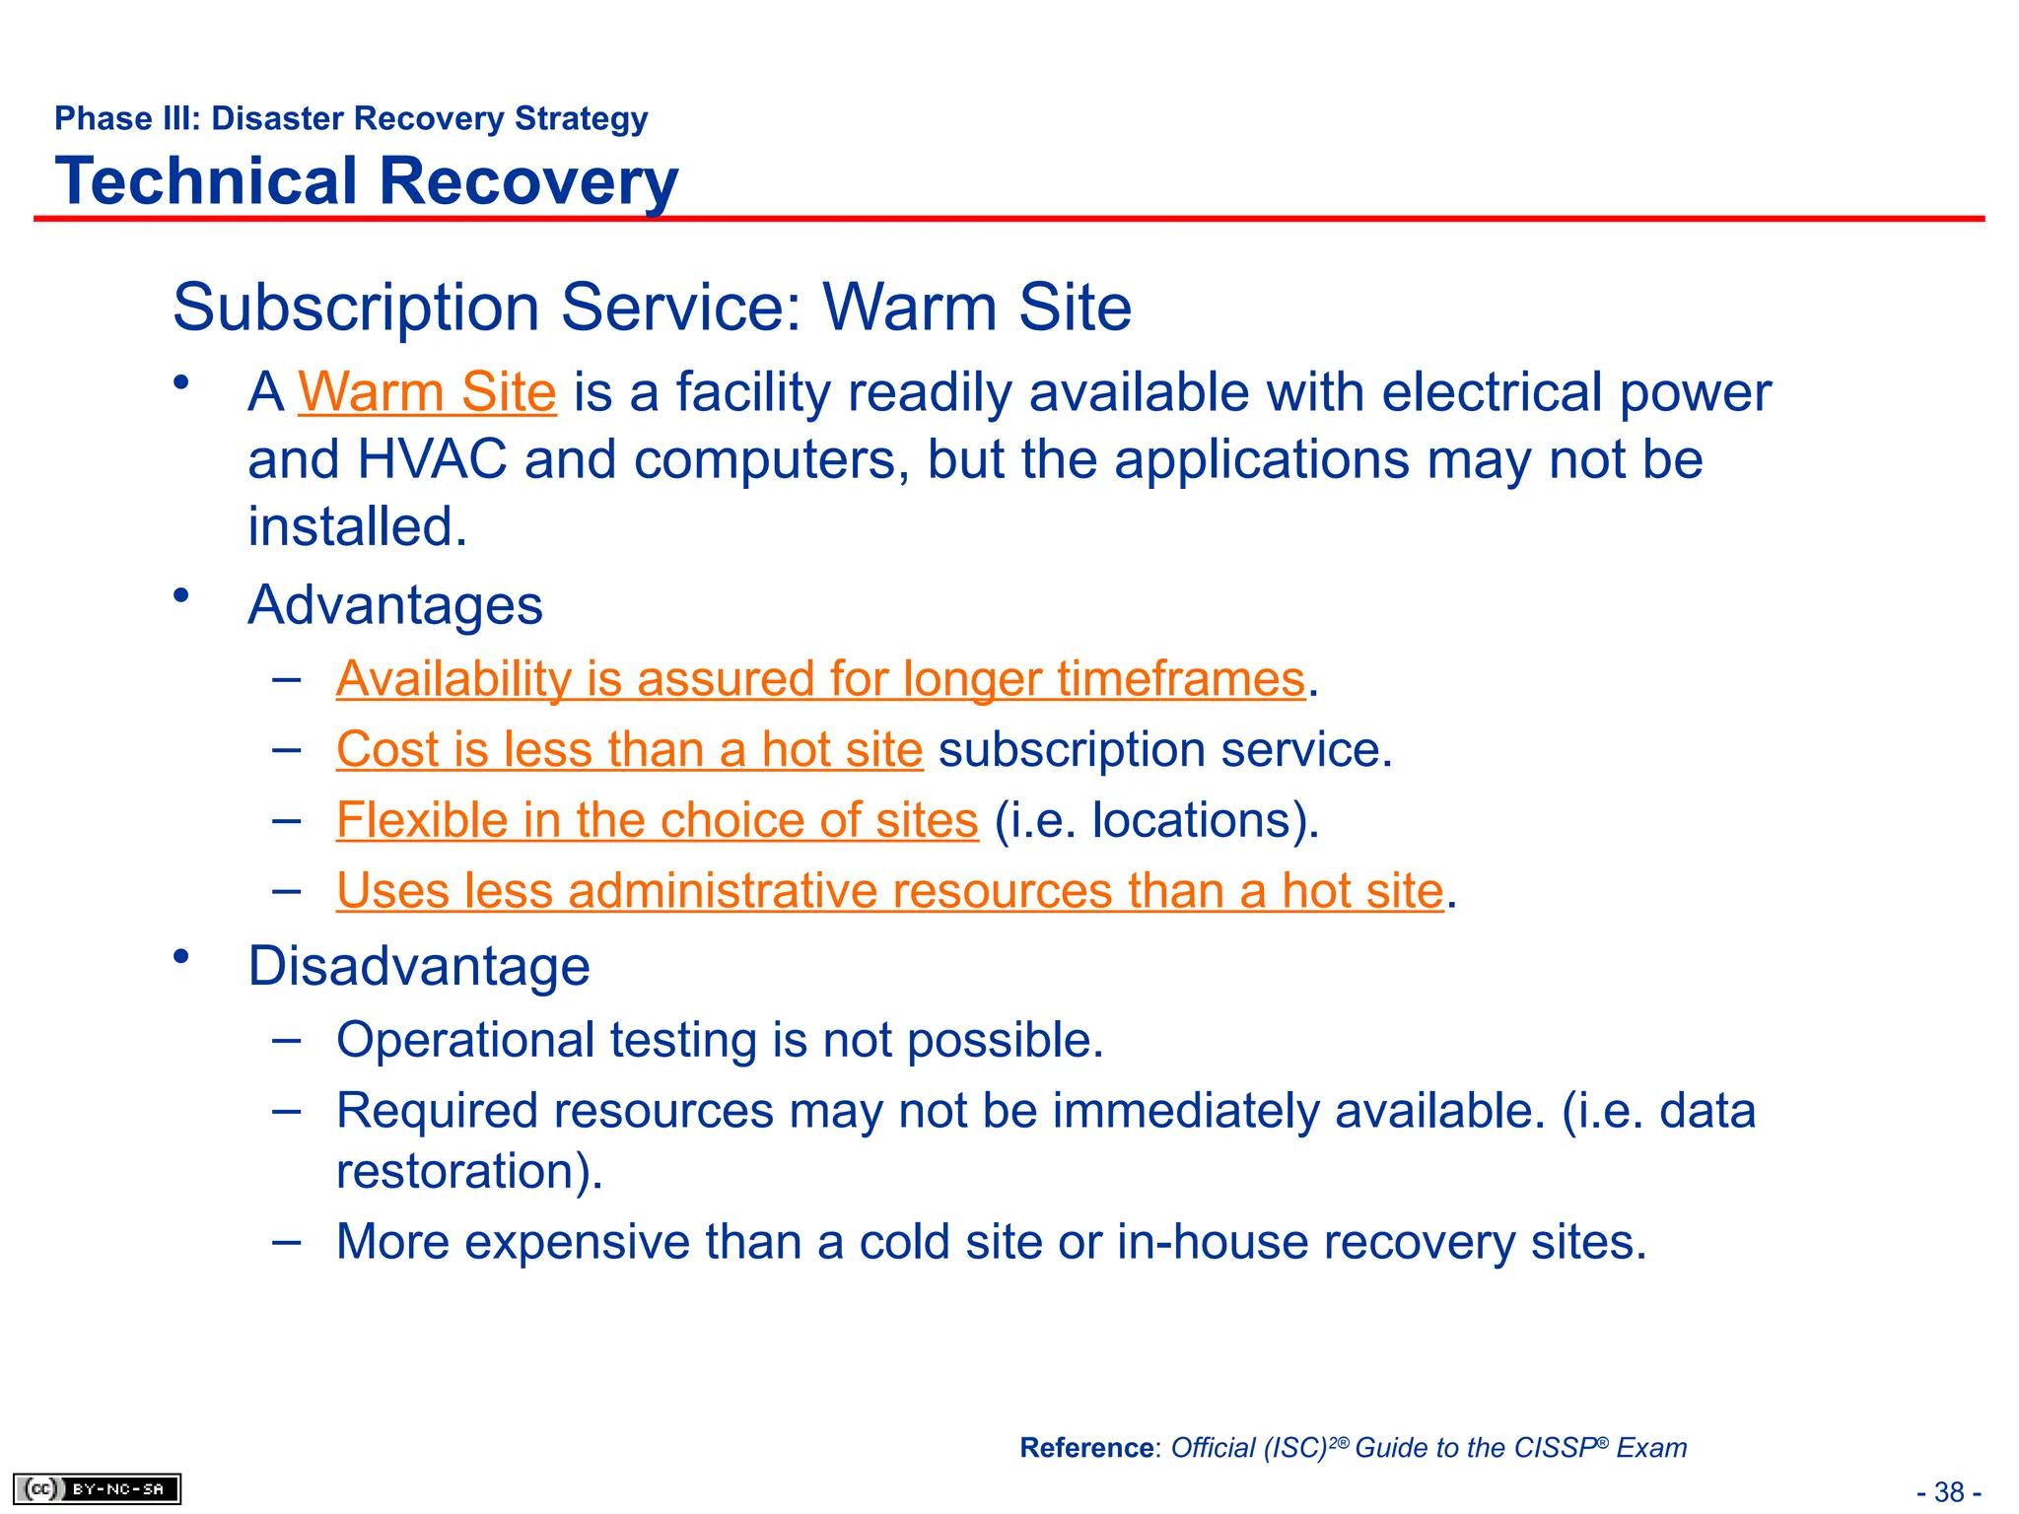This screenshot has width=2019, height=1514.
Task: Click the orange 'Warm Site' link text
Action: click(427, 392)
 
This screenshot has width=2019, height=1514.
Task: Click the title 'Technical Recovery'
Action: click(367, 181)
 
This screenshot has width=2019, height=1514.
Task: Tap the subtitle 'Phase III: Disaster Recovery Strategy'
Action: click(351, 118)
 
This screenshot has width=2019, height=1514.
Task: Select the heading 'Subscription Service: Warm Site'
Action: click(652, 307)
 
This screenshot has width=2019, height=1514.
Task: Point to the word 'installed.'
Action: click(357, 526)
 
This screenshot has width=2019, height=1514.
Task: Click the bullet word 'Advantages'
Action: click(395, 604)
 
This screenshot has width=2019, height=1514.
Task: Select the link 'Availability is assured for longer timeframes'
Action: click(820, 679)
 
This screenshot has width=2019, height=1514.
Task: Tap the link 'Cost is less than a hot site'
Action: click(629, 749)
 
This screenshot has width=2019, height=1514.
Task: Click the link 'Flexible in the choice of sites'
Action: click(657, 820)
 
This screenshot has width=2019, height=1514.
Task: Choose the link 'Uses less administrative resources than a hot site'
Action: click(889, 891)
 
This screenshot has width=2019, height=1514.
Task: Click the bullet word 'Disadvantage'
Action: click(419, 966)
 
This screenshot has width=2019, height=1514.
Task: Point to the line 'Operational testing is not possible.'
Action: click(720, 1040)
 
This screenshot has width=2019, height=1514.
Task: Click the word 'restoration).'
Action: click(469, 1171)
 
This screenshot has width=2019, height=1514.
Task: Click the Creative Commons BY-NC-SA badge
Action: click(97, 1488)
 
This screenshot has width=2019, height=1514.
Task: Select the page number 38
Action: click(1949, 1492)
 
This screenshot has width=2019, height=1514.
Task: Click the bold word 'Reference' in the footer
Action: click(1086, 1448)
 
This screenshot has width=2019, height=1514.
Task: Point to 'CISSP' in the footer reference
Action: click(1555, 1448)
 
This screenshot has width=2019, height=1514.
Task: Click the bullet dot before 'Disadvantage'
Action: click(180, 956)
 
